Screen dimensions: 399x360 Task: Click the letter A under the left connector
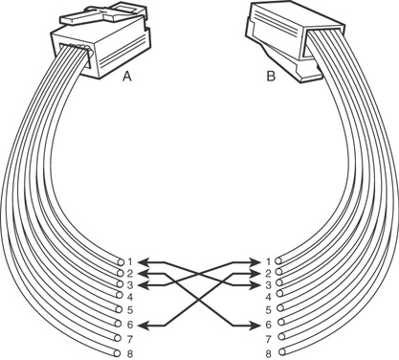coord(127,77)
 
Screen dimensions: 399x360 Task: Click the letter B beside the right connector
coord(271,77)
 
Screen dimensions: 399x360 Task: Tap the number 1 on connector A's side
coord(130,262)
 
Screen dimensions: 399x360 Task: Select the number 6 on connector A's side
coord(130,325)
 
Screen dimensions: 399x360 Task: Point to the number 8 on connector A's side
coord(130,353)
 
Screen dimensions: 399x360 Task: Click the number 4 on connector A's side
coord(130,297)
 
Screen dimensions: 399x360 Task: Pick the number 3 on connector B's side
coord(268,284)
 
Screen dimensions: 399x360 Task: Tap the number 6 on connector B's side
coord(268,325)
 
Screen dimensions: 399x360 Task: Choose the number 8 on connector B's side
coord(268,353)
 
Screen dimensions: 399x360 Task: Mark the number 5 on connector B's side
coord(268,309)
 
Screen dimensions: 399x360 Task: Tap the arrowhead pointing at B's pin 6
coord(255,326)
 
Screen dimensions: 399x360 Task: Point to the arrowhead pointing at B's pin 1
coord(255,262)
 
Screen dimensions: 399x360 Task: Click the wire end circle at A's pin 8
coord(118,353)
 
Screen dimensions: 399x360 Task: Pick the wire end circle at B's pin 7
coord(281,336)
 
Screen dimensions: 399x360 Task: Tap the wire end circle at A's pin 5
coord(119,309)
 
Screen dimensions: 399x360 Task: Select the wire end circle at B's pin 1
coord(278,260)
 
